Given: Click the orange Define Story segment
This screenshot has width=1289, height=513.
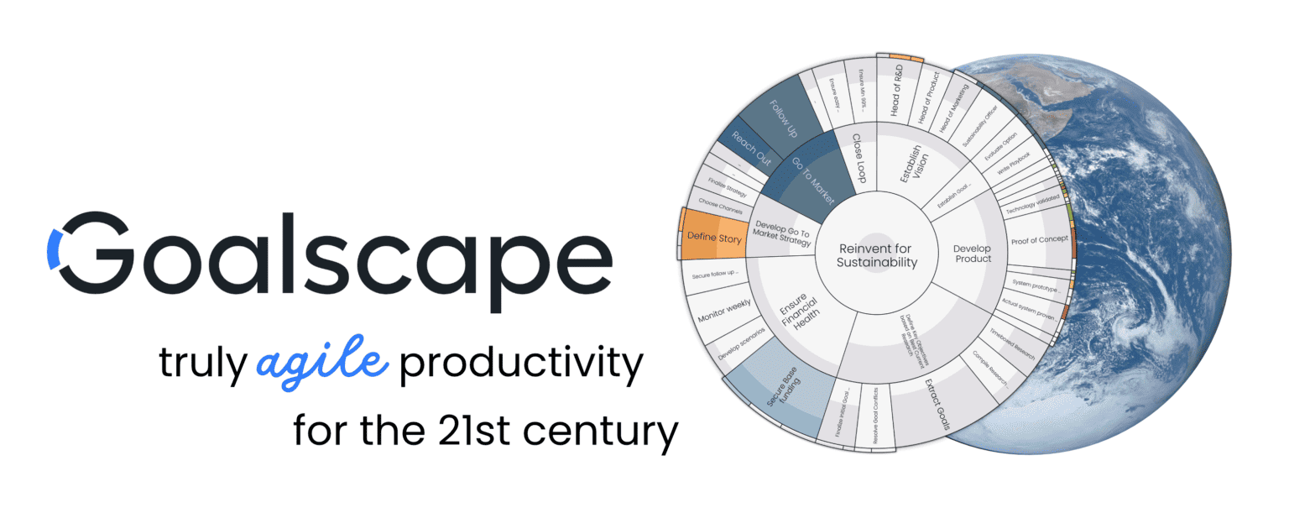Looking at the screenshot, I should (713, 238).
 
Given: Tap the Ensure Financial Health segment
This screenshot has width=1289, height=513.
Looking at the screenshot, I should (797, 307).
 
